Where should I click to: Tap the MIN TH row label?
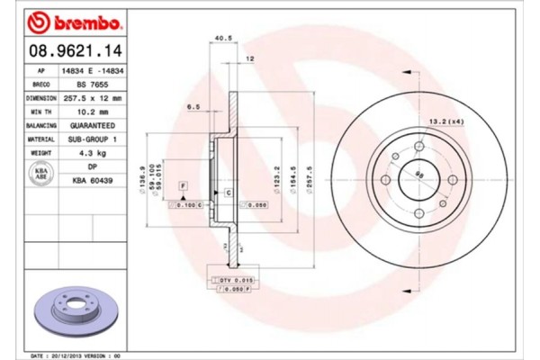pyautogui.click(x=41, y=112)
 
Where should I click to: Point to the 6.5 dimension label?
pyautogui.click(x=193, y=106)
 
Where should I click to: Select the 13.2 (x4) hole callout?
pyautogui.click(x=449, y=120)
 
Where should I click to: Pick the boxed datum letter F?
pyautogui.click(x=183, y=184)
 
